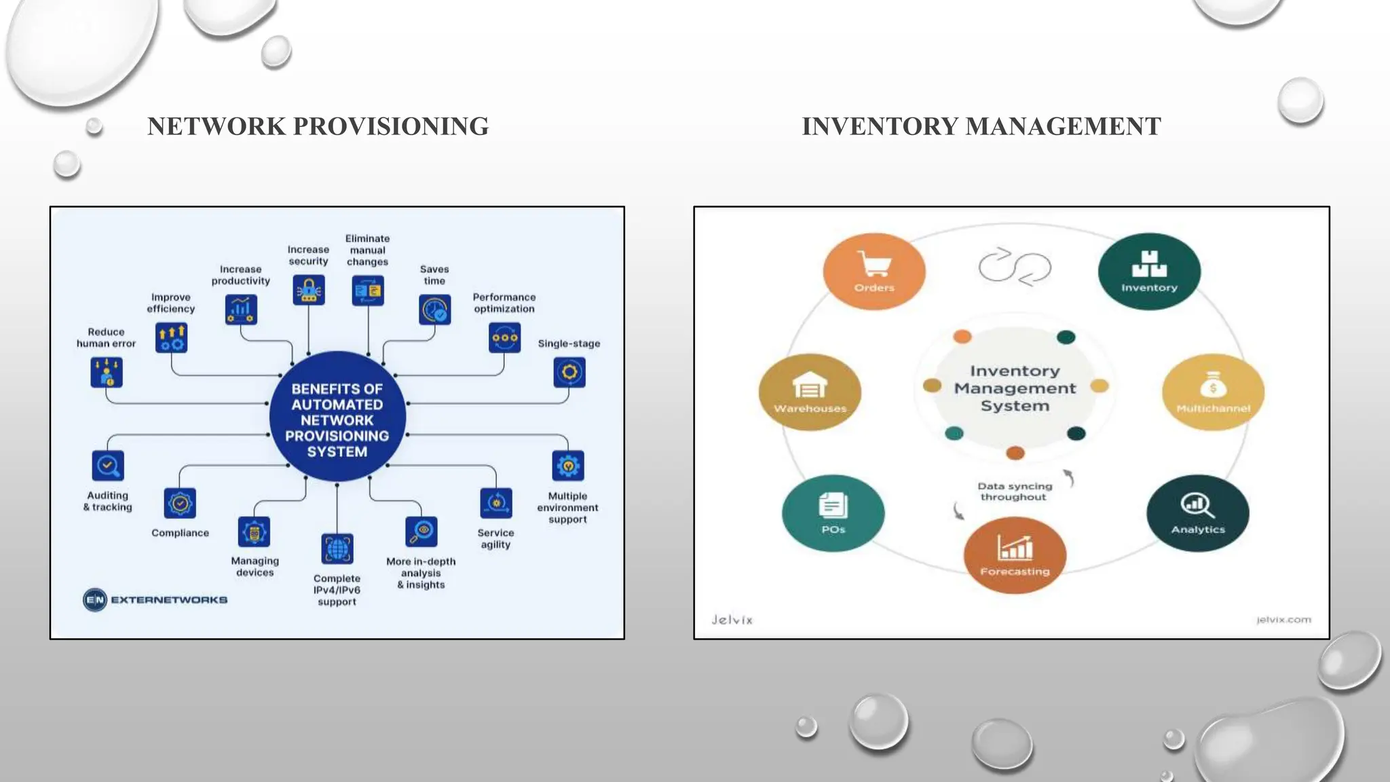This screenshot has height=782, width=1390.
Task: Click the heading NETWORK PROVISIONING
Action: (318, 126)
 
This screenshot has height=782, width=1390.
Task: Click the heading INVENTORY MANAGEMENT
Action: (981, 126)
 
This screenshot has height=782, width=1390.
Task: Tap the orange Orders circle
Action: (874, 272)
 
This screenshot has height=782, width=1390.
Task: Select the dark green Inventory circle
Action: (1149, 272)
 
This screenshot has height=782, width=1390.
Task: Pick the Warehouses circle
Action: (810, 392)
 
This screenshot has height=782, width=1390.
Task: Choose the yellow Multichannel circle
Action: (1213, 392)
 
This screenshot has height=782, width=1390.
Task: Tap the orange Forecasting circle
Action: (1015, 555)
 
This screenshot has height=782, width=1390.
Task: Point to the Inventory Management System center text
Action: (1015, 388)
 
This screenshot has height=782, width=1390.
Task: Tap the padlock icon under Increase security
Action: (309, 291)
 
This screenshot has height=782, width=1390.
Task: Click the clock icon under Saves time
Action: (434, 310)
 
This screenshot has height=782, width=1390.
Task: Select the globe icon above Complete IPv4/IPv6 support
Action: (337, 549)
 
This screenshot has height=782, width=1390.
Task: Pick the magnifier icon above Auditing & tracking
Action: (108, 466)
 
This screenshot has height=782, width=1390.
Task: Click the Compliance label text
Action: (180, 533)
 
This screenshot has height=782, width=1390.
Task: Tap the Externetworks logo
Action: (155, 600)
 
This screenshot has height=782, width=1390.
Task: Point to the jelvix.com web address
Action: (1283, 619)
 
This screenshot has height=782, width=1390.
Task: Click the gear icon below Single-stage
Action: (569, 373)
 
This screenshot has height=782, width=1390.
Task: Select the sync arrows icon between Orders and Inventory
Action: (1015, 266)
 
